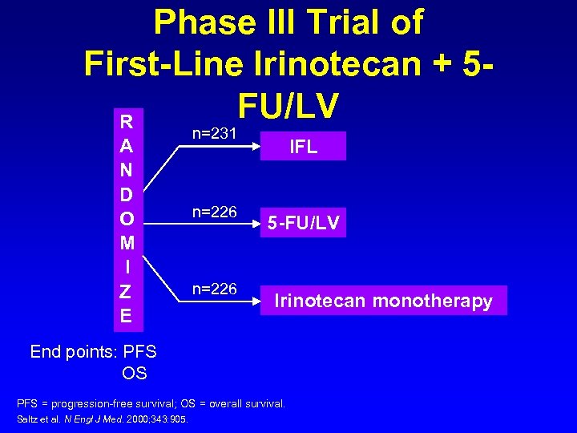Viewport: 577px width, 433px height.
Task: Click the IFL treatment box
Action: click(303, 147)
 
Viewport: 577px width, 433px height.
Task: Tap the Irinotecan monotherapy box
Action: click(383, 301)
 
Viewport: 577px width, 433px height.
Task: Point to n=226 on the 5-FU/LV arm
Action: click(215, 212)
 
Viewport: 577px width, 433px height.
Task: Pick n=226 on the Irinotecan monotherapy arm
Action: click(215, 289)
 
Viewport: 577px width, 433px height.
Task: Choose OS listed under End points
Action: click(134, 373)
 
